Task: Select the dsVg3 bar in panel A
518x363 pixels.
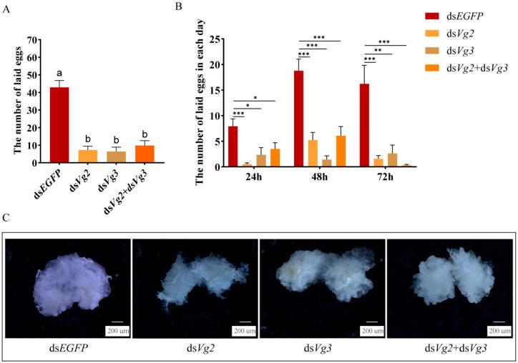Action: coord(117,157)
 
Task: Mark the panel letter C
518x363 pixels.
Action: coord(6,216)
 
